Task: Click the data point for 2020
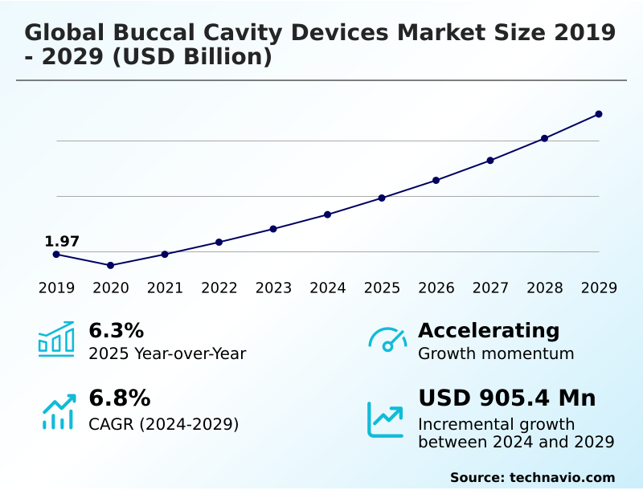pos(111,265)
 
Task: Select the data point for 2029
pos(599,114)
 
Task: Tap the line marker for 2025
pos(382,198)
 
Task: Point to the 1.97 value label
pos(62,241)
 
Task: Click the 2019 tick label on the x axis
pos(56,288)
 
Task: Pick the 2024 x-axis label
pos(328,288)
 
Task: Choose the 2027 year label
pos(490,288)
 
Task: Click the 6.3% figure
pos(116,330)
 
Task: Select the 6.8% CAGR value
pos(119,398)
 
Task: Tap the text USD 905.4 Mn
pos(506,398)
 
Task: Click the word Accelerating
pos(489,330)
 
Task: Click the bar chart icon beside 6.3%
pos(56,339)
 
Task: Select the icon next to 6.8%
pos(58,411)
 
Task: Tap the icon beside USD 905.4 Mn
pos(385,419)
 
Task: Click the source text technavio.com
pos(562,477)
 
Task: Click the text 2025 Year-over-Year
pos(167,353)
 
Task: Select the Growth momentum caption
pos(496,353)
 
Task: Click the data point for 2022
pos(219,242)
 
